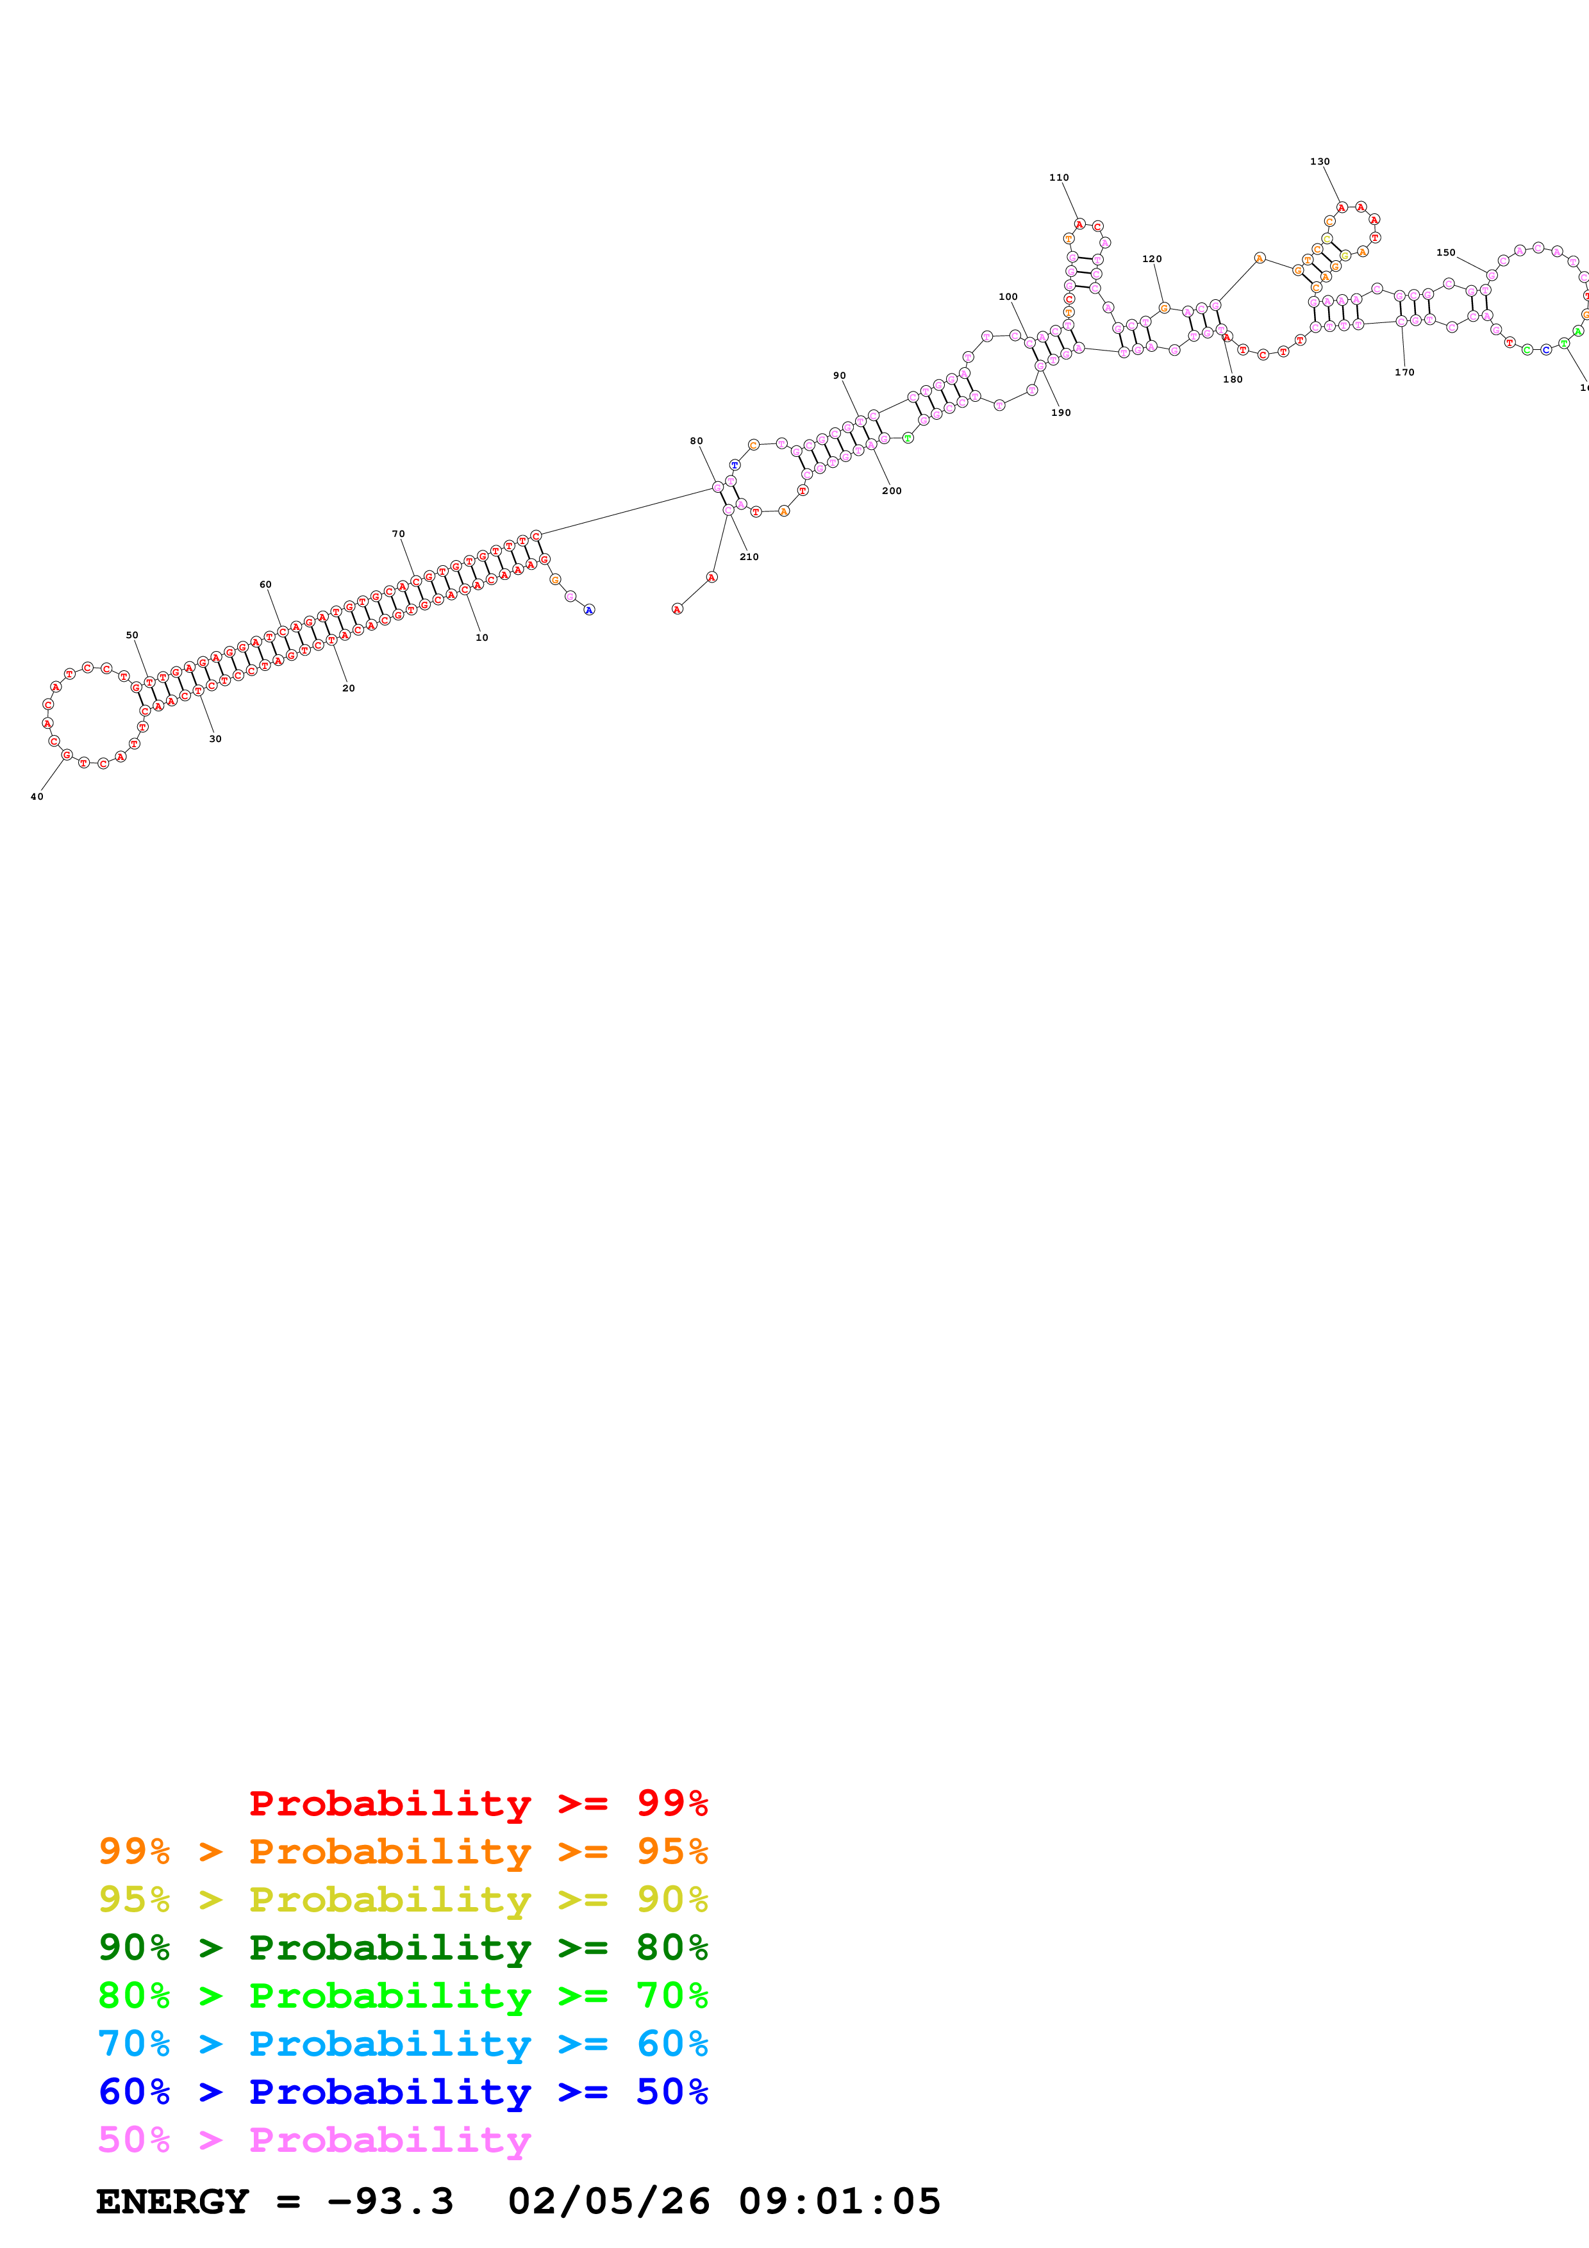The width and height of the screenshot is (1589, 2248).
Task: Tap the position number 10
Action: click(481, 638)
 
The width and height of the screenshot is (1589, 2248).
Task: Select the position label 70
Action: click(399, 534)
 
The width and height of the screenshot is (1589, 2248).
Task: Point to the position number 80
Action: click(696, 442)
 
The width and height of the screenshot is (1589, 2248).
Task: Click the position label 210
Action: click(749, 557)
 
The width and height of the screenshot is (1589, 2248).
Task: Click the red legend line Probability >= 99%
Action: click(478, 1803)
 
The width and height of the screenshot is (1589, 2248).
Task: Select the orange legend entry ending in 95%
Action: click(403, 1851)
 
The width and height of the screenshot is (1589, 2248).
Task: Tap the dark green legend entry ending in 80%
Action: click(403, 1947)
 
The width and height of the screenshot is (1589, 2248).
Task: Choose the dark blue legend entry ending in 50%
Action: click(403, 2092)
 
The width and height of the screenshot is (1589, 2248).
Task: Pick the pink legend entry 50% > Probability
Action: click(314, 2140)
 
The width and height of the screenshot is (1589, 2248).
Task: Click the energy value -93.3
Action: click(390, 2202)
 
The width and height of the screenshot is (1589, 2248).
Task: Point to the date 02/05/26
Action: click(608, 2202)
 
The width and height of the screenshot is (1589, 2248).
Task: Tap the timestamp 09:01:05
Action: click(839, 2202)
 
